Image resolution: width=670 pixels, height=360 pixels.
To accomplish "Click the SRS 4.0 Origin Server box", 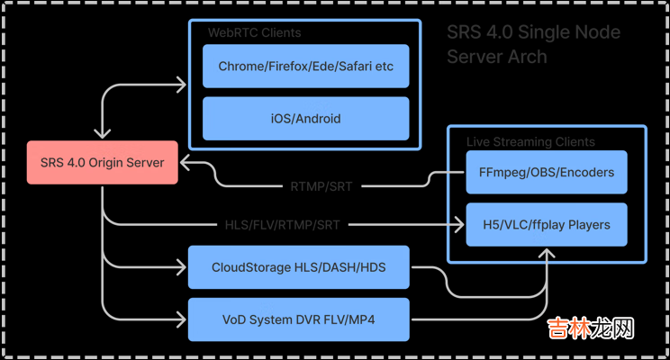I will [x=103, y=163].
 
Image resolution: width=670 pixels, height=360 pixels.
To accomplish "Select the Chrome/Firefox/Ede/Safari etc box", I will [x=306, y=67].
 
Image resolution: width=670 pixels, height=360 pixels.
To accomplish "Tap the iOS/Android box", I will [x=306, y=118].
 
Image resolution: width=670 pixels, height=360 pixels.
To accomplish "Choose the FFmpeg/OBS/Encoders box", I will [x=547, y=173].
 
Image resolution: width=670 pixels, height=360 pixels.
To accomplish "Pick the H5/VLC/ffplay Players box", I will [x=547, y=224].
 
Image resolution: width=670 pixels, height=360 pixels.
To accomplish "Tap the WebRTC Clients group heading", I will [x=255, y=33].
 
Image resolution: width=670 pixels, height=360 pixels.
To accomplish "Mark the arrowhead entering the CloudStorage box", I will [x=182, y=267].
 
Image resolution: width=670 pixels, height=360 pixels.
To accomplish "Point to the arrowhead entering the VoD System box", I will [x=182, y=319].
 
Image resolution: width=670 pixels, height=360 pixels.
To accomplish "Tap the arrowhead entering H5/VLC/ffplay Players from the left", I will [x=460, y=224].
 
